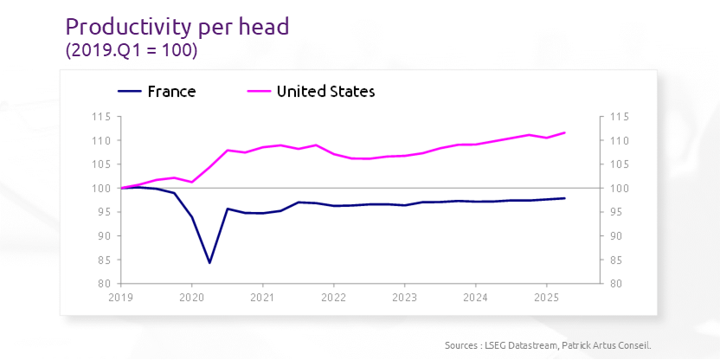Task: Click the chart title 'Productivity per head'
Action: click(177, 26)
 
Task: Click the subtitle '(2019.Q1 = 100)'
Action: click(132, 51)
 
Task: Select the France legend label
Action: click(171, 91)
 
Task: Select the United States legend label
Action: click(325, 91)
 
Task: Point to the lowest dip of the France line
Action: click(209, 262)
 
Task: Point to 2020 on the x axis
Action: click(191, 296)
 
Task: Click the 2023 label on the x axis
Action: click(405, 296)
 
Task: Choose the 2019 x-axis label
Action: click(121, 296)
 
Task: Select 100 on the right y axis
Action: click(620, 189)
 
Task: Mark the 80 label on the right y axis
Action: click(618, 284)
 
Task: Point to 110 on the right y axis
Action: click(620, 141)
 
